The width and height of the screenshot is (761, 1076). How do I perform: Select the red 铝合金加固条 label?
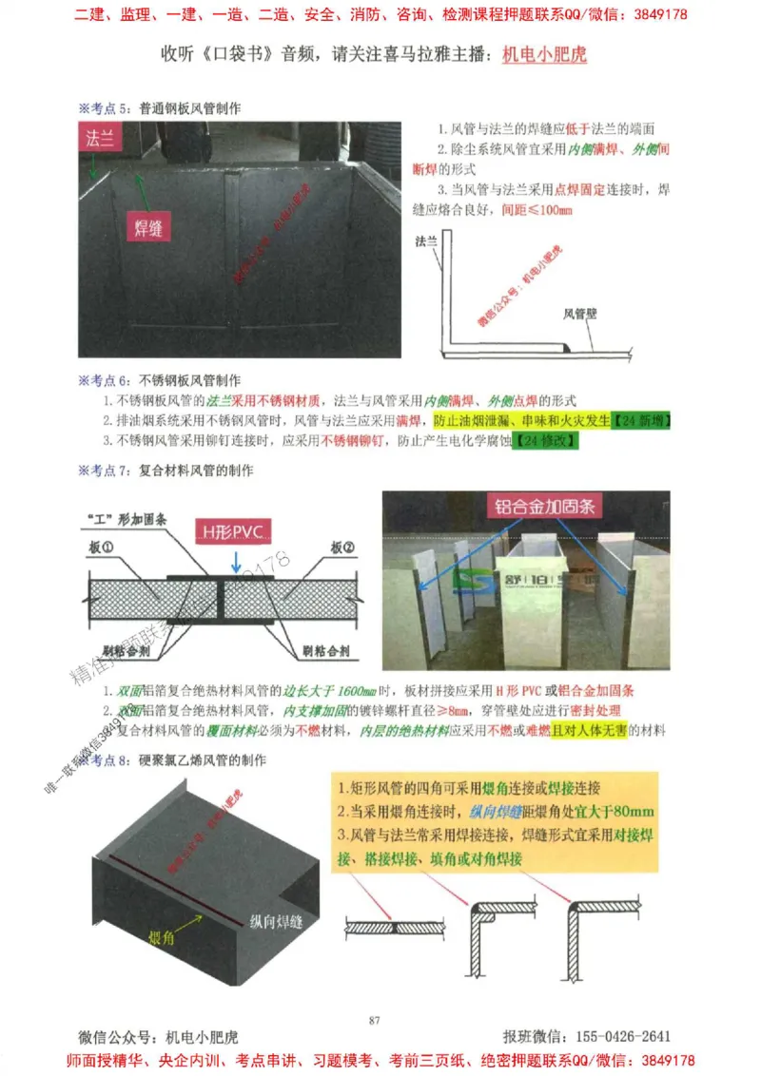pyautogui.click(x=545, y=507)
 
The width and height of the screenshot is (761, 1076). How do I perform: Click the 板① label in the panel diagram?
pyautogui.click(x=102, y=548)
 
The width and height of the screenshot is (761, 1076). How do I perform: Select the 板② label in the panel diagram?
pyautogui.click(x=343, y=548)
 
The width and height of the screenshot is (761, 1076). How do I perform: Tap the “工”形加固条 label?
pyautogui.click(x=124, y=520)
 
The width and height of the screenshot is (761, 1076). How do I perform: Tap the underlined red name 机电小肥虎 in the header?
pyautogui.click(x=543, y=55)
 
